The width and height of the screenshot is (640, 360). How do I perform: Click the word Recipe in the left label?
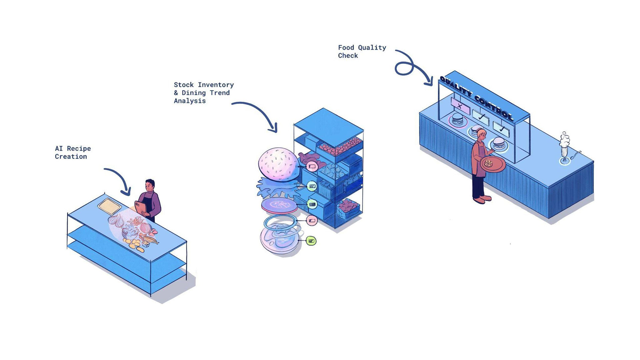point(79,149)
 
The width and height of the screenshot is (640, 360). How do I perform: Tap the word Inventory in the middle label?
point(216,85)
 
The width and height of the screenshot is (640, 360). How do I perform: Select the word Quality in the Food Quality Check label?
point(372,48)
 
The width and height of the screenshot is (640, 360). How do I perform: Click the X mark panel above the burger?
point(460,106)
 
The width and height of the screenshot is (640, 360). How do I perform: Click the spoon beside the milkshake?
point(576,155)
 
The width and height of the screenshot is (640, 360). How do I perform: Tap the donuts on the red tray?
point(489,163)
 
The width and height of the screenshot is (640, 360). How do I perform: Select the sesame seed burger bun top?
point(279,164)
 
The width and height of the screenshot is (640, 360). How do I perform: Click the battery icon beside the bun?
point(312,166)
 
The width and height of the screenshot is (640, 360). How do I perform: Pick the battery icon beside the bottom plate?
point(311,241)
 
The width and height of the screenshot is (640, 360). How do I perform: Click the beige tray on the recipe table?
point(109,206)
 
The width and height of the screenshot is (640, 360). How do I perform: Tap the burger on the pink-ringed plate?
point(457,119)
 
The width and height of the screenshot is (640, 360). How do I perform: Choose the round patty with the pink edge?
point(279,205)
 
